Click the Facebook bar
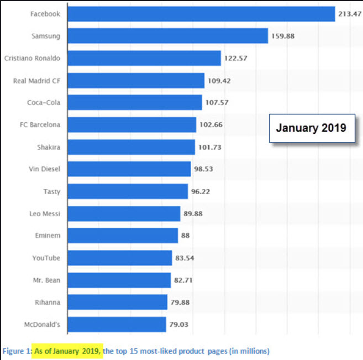click(x=201, y=14)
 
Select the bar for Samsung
click(x=167, y=36)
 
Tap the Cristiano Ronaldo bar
click(x=144, y=58)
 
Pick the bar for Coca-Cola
click(x=134, y=102)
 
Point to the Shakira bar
click(x=131, y=147)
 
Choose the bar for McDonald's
click(x=117, y=325)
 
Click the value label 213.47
click(x=349, y=14)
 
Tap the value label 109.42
click(x=218, y=81)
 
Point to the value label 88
click(x=186, y=236)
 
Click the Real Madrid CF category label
click(x=37, y=81)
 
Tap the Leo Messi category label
click(x=45, y=213)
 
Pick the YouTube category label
click(x=46, y=258)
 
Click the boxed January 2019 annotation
click(x=311, y=128)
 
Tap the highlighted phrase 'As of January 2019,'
click(x=68, y=351)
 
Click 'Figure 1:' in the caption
click(x=17, y=351)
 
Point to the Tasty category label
click(x=51, y=191)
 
